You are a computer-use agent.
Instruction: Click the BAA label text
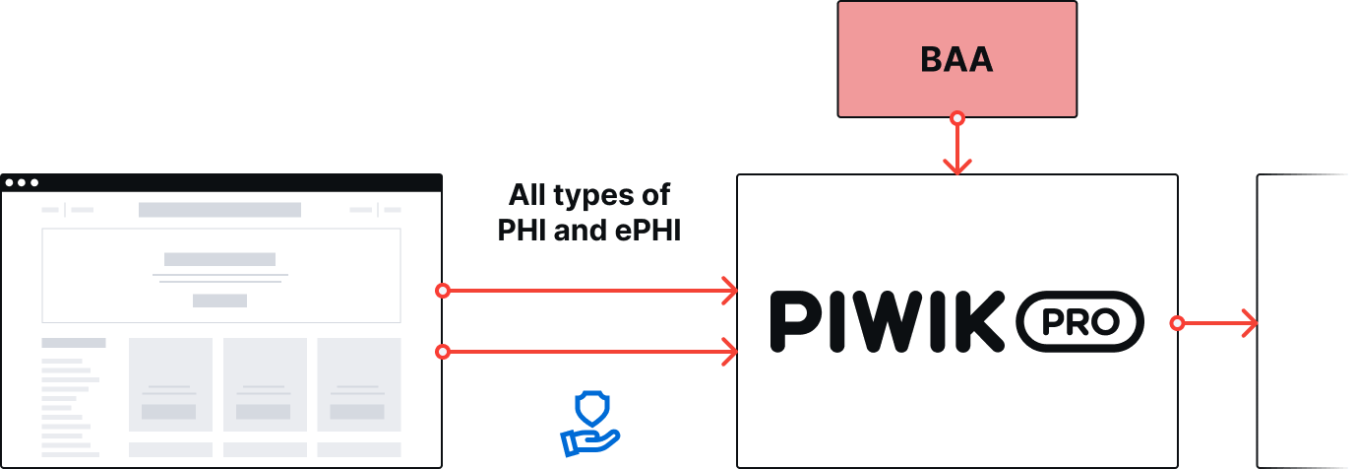(x=956, y=59)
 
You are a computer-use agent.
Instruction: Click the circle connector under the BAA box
(x=957, y=118)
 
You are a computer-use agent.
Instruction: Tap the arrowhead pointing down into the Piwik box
(x=957, y=167)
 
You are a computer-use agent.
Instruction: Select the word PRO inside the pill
(x=1080, y=322)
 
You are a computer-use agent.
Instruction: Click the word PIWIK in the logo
(x=888, y=321)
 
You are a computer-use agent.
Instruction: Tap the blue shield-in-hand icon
(x=590, y=424)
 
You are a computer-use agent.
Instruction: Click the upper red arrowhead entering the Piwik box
(x=729, y=291)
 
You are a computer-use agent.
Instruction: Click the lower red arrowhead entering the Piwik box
(x=729, y=352)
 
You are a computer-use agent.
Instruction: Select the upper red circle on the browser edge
(x=443, y=291)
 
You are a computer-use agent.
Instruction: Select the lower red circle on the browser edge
(x=443, y=352)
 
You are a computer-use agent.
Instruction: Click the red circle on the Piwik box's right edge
(x=1177, y=323)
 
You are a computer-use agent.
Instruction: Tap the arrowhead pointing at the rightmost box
(x=1250, y=323)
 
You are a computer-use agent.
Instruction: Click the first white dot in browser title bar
(x=9, y=182)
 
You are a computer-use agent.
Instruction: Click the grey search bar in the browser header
(x=219, y=210)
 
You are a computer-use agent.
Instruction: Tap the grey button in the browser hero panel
(x=219, y=301)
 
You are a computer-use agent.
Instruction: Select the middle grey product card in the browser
(x=265, y=385)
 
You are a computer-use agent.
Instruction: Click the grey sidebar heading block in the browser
(x=74, y=343)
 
